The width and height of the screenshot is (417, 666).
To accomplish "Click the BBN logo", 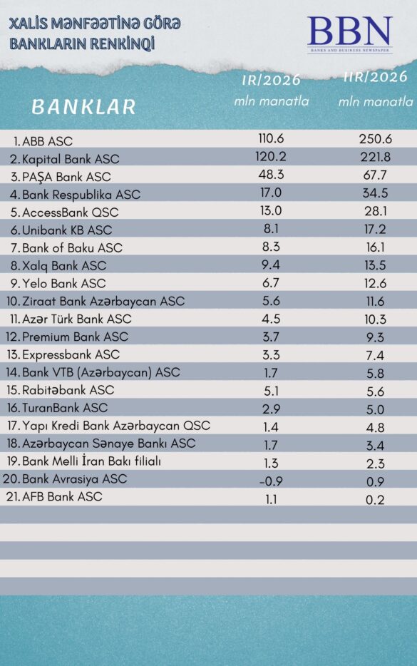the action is pyautogui.click(x=349, y=34).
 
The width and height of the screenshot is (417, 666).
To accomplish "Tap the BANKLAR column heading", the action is pyautogui.click(x=83, y=107).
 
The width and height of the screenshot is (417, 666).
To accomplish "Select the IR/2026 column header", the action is pyautogui.click(x=272, y=81).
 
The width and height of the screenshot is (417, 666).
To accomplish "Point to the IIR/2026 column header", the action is pyautogui.click(x=376, y=77).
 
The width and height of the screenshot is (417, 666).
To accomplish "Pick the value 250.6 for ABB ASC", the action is pyautogui.click(x=376, y=139).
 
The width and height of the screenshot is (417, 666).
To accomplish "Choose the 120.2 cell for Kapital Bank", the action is pyautogui.click(x=271, y=157).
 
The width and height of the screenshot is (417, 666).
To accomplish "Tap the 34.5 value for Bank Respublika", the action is pyautogui.click(x=376, y=193).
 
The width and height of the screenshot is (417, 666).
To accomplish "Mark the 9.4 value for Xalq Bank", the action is pyautogui.click(x=271, y=265).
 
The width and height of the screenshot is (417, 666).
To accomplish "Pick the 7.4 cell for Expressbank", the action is pyautogui.click(x=376, y=355).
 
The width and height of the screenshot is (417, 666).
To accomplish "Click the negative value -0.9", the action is pyautogui.click(x=271, y=481).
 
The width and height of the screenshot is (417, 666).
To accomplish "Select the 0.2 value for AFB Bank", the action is pyautogui.click(x=376, y=499).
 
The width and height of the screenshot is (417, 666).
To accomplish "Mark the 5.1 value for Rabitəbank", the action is pyautogui.click(x=271, y=391).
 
